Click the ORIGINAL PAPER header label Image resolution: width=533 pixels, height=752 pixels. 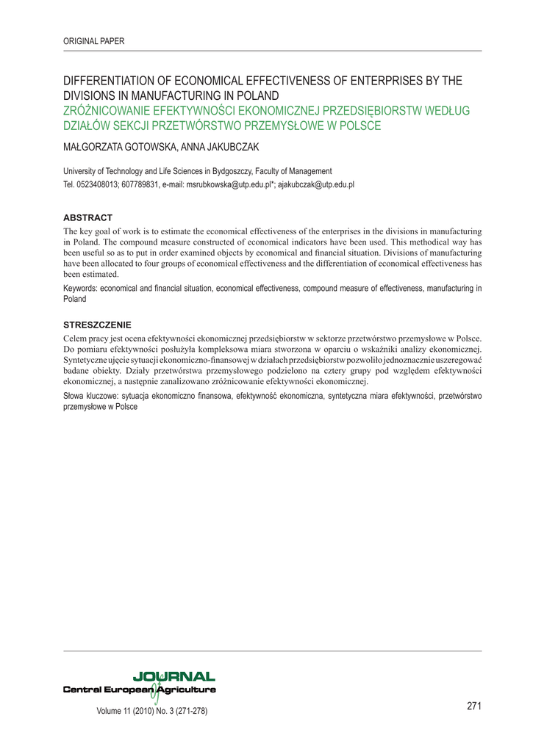coord(94,41)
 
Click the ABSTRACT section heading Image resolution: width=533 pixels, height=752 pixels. coord(87,217)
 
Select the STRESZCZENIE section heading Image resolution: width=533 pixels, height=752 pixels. coord(97,324)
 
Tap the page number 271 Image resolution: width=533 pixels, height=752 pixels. coord(474,706)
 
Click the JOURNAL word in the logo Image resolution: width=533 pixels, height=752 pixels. coord(174,676)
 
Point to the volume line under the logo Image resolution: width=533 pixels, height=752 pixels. coord(152,711)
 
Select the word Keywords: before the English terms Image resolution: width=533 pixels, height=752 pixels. coord(80,289)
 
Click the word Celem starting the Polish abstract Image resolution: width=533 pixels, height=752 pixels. coord(76,338)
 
